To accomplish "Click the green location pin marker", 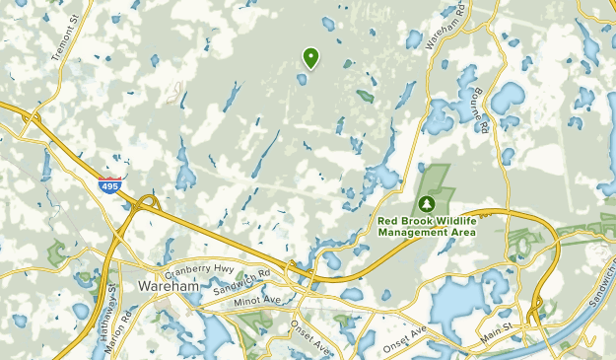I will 311,58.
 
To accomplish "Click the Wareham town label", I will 169,286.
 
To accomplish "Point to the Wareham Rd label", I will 445,28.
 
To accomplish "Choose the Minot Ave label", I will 257,298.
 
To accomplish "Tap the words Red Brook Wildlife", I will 427,220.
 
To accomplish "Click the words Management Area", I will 427,233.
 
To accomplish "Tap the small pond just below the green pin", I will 302,79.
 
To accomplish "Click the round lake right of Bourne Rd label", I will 508,98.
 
